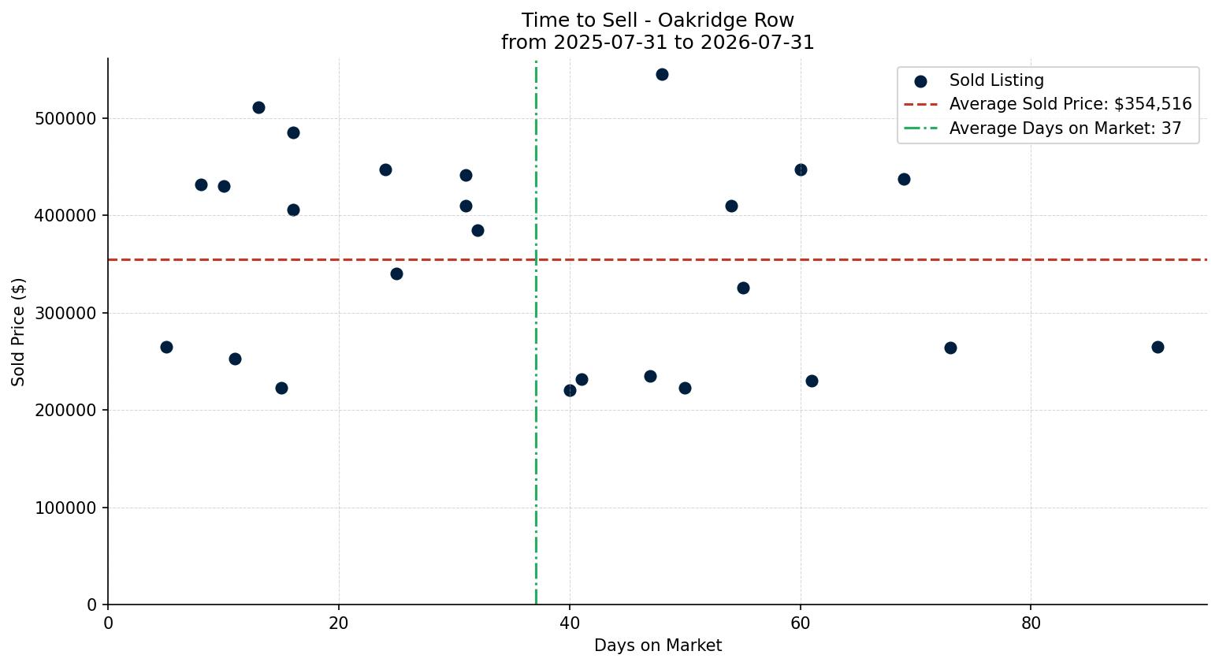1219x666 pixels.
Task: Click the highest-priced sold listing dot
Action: [x=662, y=75]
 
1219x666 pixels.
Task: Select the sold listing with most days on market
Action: [x=1158, y=347]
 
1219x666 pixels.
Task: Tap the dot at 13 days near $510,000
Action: [x=258, y=108]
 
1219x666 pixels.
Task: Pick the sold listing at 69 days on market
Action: [x=904, y=180]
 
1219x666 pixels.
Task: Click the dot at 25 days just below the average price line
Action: [x=396, y=273]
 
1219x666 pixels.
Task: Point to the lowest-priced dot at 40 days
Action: [x=570, y=390]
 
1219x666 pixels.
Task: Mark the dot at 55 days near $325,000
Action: [x=743, y=288]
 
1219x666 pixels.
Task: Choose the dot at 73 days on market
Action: [x=950, y=348]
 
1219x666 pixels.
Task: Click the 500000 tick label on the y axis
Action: [x=65, y=118]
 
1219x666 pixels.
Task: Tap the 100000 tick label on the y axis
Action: [x=65, y=508]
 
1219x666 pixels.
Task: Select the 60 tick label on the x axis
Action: [x=801, y=623]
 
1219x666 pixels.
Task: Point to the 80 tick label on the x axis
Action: [x=1031, y=623]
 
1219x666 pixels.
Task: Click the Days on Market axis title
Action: [x=657, y=646]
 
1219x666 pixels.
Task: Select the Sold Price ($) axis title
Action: [x=18, y=332]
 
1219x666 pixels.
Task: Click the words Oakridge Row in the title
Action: [x=726, y=20]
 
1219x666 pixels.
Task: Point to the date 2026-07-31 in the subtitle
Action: [x=757, y=43]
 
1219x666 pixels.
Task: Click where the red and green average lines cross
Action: [x=536, y=259]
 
